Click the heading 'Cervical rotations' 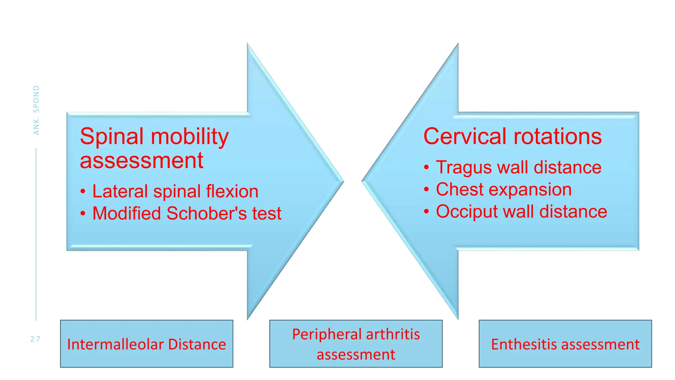click(x=512, y=136)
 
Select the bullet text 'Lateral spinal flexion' click(x=175, y=191)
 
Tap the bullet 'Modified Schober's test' click(x=187, y=213)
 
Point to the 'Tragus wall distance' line click(x=518, y=167)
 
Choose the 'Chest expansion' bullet click(x=504, y=189)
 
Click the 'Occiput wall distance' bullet click(x=521, y=211)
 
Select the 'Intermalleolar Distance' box click(x=147, y=344)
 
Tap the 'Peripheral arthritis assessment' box click(x=356, y=344)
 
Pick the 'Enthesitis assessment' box click(x=565, y=344)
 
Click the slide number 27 click(x=35, y=339)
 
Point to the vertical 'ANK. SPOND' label click(x=36, y=110)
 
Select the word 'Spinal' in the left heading click(x=112, y=136)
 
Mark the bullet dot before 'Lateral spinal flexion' click(x=83, y=192)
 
